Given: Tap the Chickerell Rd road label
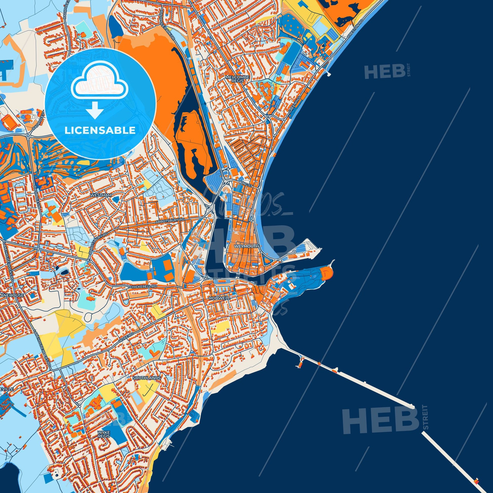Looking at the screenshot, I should pos(143,287).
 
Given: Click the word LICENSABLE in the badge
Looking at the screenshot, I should pos(100,131).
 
